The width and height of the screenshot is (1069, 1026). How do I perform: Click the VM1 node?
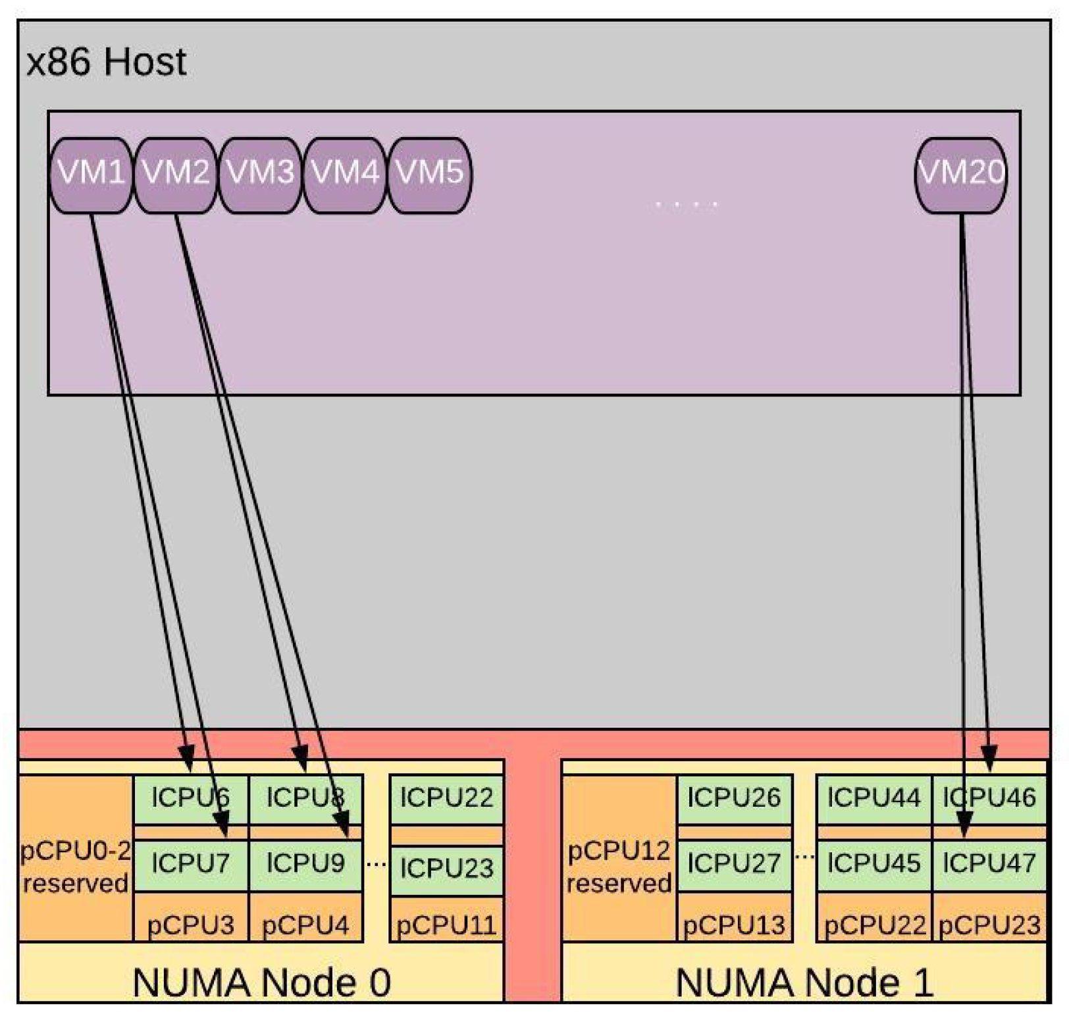pyautogui.click(x=91, y=175)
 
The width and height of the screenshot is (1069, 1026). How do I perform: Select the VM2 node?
pyautogui.click(x=175, y=175)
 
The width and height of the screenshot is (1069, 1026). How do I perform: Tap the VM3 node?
pyautogui.click(x=260, y=175)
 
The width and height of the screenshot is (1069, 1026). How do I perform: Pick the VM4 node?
pyautogui.click(x=344, y=175)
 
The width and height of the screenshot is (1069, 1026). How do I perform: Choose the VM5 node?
pyautogui.click(x=429, y=175)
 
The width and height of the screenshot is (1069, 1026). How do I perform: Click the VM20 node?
pyautogui.click(x=961, y=175)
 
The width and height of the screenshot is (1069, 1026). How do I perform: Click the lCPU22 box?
pyautogui.click(x=446, y=798)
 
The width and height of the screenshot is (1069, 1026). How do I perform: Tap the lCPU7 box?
pyautogui.click(x=190, y=863)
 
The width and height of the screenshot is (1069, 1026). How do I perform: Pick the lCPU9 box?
pyautogui.click(x=305, y=863)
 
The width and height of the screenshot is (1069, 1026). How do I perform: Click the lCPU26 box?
pyautogui.click(x=734, y=798)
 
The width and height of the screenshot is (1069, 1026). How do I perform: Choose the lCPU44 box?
pyautogui.click(x=873, y=798)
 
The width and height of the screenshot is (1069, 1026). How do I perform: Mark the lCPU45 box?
pyautogui.click(x=873, y=863)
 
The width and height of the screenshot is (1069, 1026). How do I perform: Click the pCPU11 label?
pyautogui.click(x=446, y=925)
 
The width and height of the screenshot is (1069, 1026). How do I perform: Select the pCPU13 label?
pyautogui.click(x=734, y=925)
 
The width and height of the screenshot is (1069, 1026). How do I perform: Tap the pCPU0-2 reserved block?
pyautogui.click(x=75, y=866)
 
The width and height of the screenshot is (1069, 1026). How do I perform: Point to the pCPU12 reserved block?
pyautogui.click(x=619, y=866)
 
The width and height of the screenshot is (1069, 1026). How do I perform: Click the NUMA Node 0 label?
pyautogui.click(x=261, y=983)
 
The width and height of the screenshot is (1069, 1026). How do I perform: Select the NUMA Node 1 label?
pyautogui.click(x=804, y=983)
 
